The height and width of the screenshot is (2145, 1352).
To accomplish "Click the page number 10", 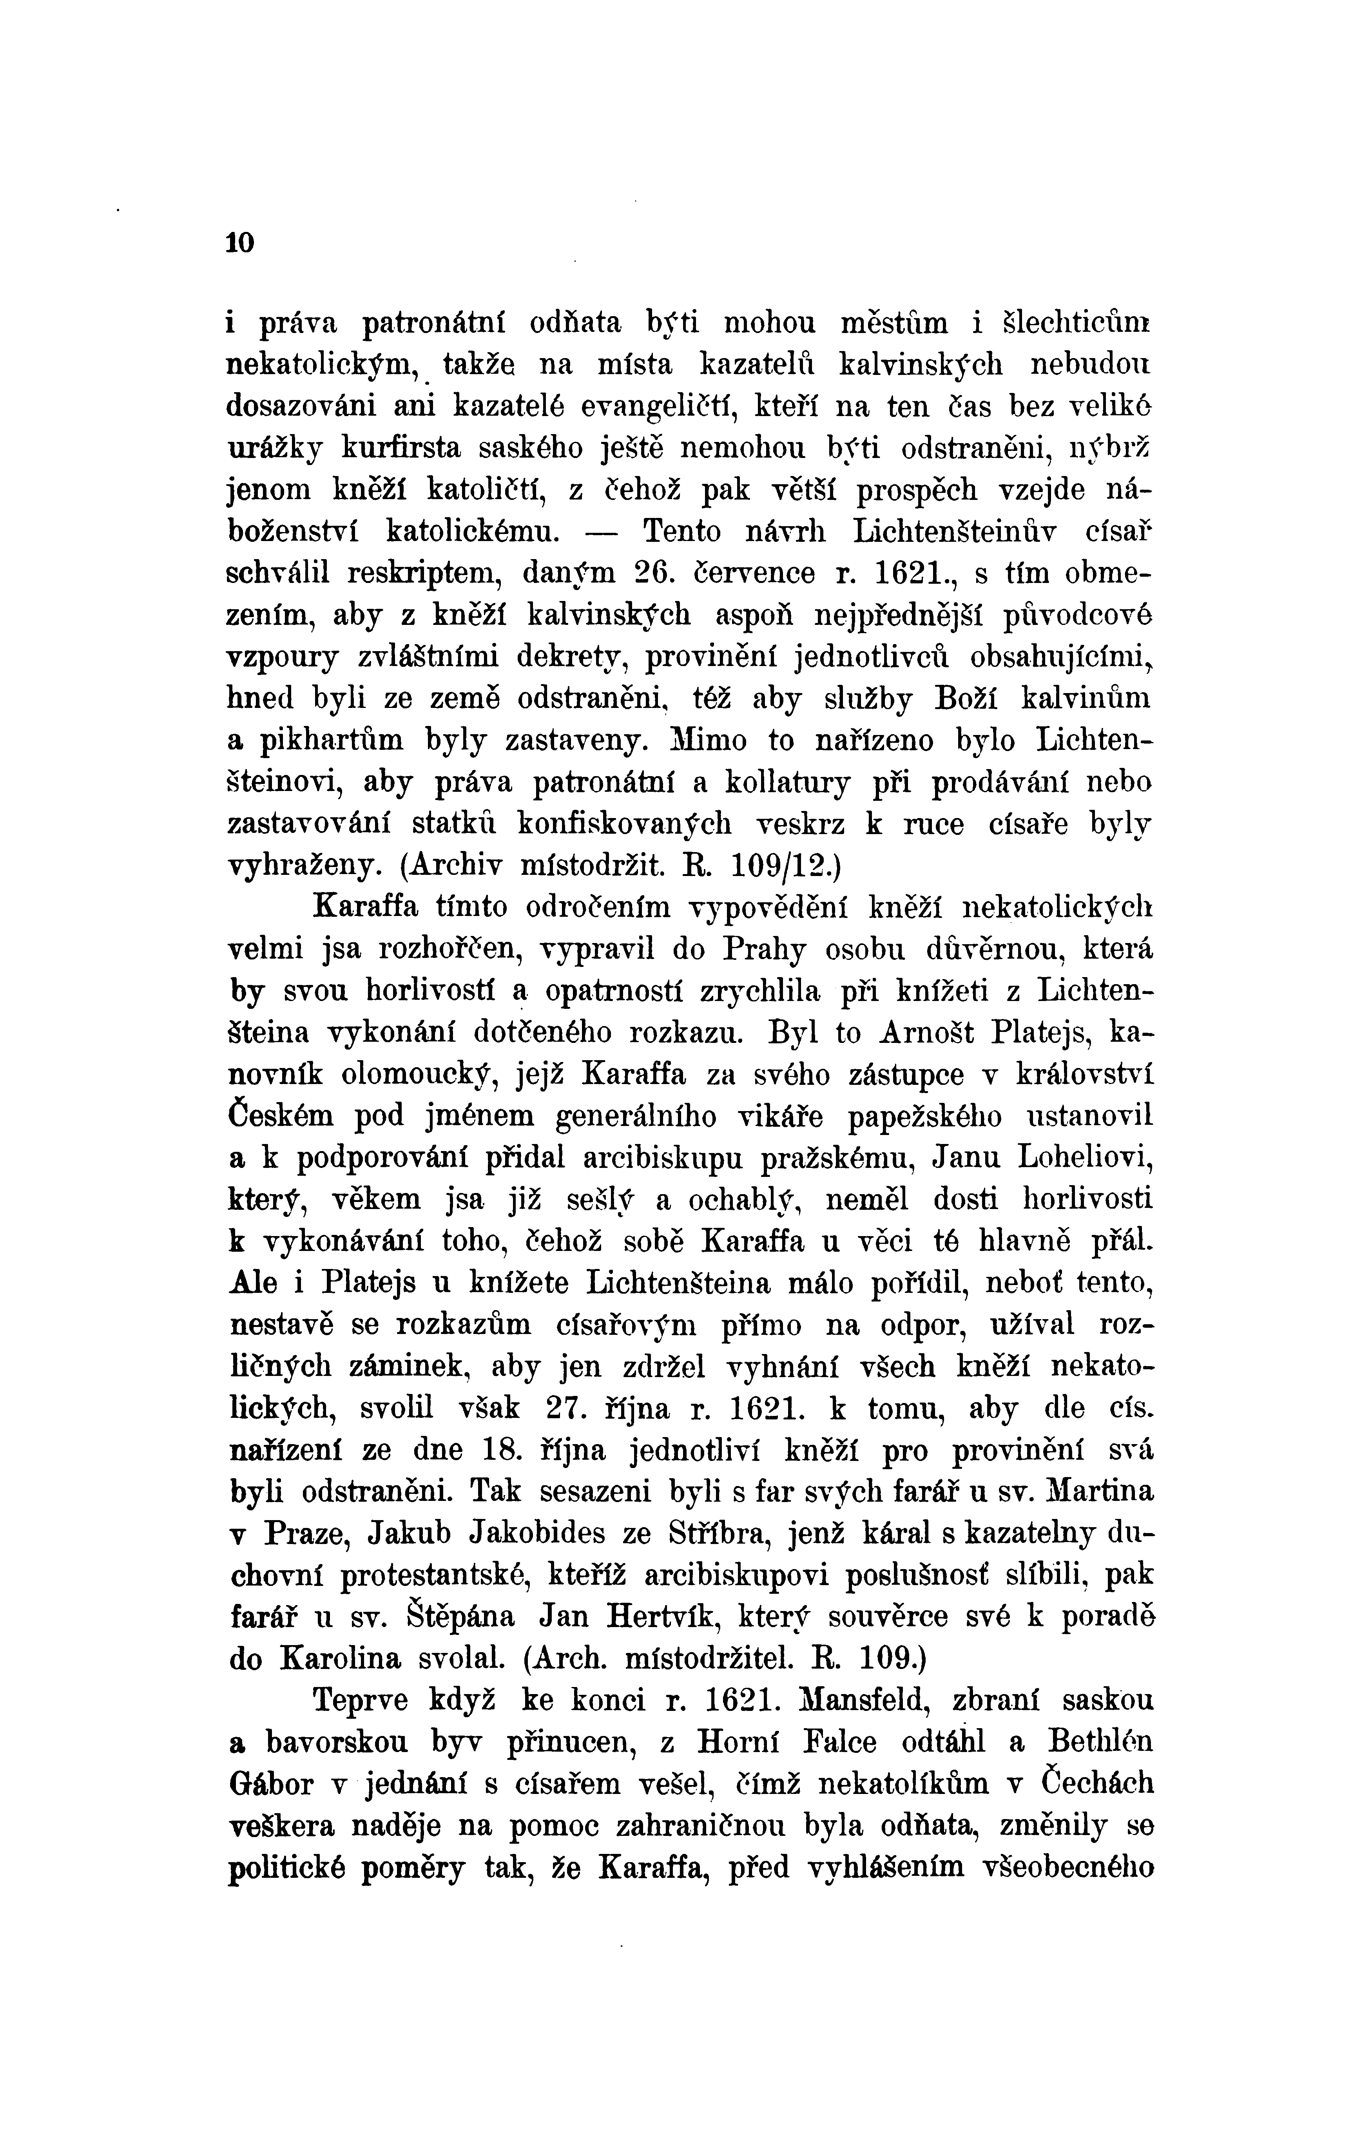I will pos(241,242).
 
